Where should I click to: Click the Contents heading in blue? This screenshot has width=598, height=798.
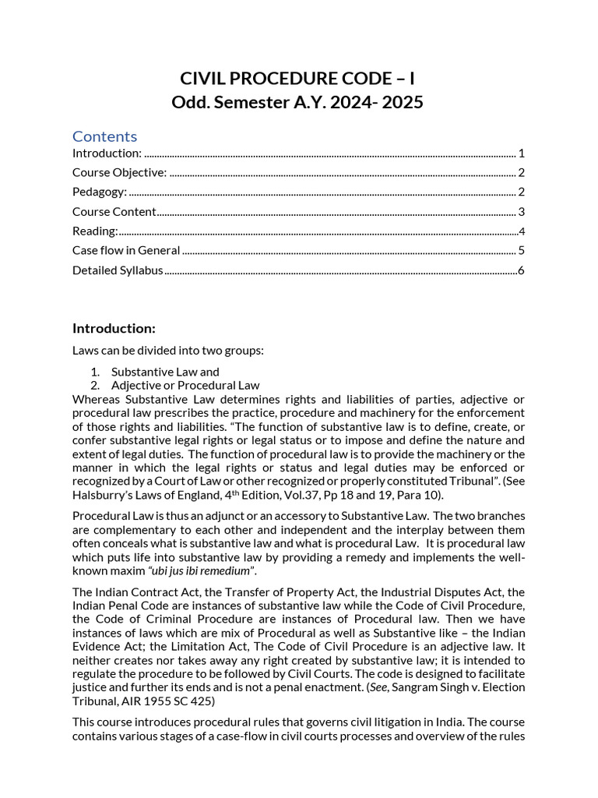(104, 136)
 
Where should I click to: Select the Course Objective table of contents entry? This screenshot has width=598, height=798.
(119, 172)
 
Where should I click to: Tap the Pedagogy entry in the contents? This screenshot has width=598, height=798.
(100, 192)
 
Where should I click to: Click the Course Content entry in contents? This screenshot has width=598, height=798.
(114, 211)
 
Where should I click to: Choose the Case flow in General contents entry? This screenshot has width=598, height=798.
(126, 250)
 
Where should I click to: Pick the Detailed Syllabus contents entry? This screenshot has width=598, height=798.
(118, 270)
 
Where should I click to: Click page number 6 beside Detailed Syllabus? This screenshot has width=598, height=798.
(521, 270)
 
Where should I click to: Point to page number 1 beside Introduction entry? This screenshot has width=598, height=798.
(521, 153)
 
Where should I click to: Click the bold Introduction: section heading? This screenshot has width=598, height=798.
(114, 327)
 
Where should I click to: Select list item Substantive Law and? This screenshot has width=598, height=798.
(165, 372)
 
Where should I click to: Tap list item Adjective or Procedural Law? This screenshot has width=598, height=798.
(185, 385)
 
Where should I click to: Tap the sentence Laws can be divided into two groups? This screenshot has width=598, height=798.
(168, 350)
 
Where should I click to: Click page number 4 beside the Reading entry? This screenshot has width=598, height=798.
(522, 231)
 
